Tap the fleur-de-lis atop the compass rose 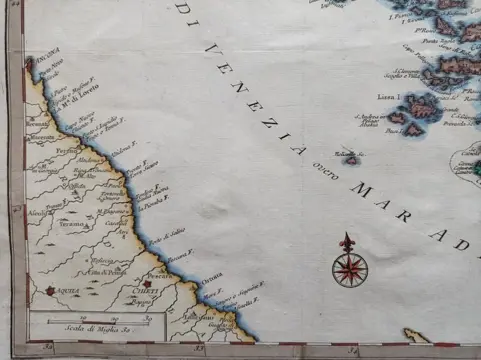348,241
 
